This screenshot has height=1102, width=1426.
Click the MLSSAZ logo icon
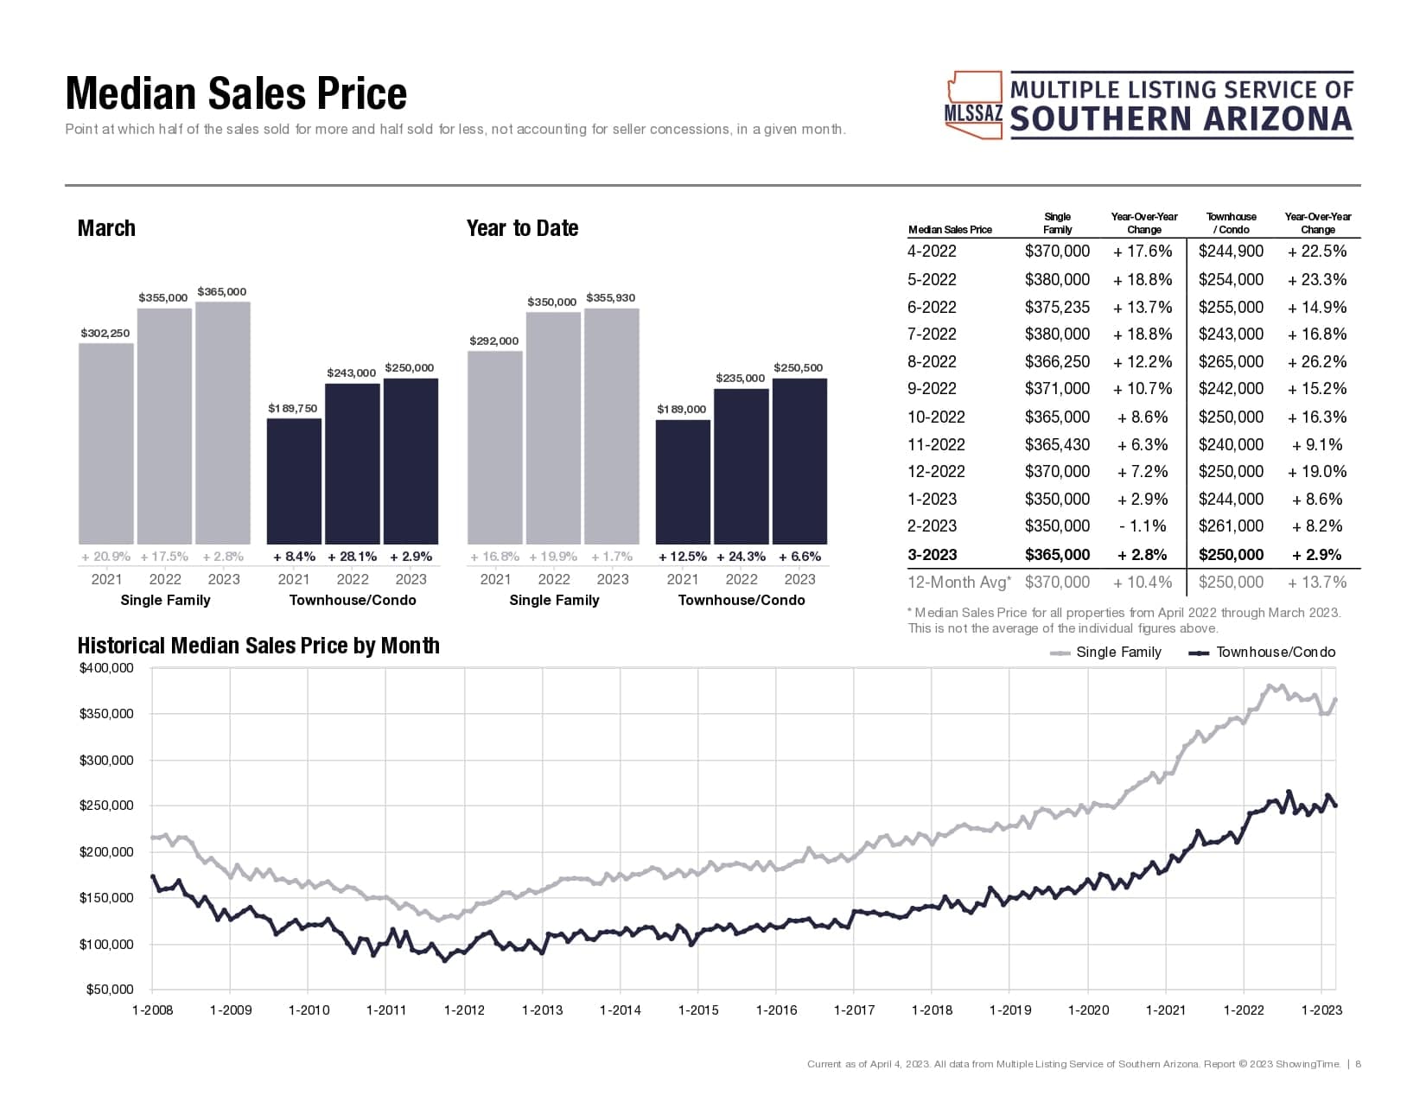coord(974,105)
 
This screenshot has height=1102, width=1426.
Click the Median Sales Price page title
coord(236,93)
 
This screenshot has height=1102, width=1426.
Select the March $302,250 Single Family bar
coord(106,443)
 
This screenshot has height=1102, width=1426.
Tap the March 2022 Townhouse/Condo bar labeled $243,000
coord(352,462)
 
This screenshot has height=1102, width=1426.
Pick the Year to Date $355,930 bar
coord(612,425)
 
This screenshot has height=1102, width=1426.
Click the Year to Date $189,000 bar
coord(683,481)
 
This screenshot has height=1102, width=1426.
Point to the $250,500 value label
coord(798,367)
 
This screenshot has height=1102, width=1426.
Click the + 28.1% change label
coord(353,557)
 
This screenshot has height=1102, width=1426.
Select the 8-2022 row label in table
coord(933,361)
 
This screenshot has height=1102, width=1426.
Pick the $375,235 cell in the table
coord(1057,307)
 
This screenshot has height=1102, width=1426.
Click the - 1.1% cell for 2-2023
coord(1143,526)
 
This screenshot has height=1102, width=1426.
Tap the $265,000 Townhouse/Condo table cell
coord(1231,361)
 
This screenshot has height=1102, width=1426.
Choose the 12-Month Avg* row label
coord(958,582)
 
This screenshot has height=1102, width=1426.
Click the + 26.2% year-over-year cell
coord(1317,361)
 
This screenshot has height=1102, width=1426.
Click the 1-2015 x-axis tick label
coord(698,1010)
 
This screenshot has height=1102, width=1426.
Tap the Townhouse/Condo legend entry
coord(1263,653)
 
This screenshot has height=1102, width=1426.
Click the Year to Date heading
coord(522,228)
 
